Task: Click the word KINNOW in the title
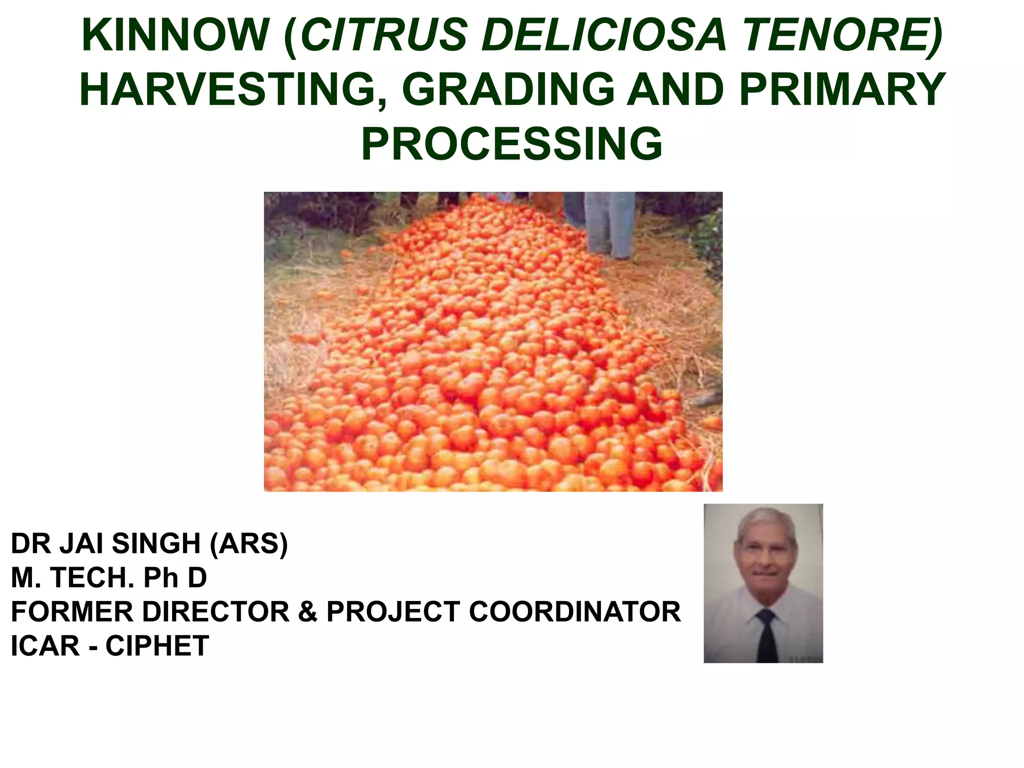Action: click(175, 35)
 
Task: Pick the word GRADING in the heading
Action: click(508, 90)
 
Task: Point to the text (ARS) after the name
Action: click(249, 543)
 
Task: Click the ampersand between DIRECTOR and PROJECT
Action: click(308, 611)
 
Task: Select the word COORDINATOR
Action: click(574, 611)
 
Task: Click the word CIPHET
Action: click(157, 645)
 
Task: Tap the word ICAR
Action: click(45, 645)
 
